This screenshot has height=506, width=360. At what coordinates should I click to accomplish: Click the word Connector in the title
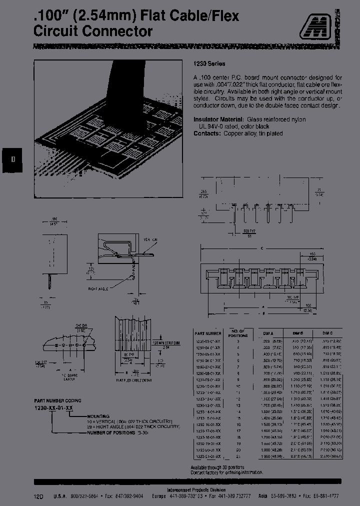(119, 31)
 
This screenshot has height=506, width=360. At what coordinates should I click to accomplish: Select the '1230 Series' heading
(209, 64)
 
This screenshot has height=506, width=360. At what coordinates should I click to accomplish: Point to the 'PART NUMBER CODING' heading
(57, 400)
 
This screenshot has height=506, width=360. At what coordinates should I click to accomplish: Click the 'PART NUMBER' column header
(207, 333)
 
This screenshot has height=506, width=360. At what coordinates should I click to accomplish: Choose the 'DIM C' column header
(327, 333)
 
